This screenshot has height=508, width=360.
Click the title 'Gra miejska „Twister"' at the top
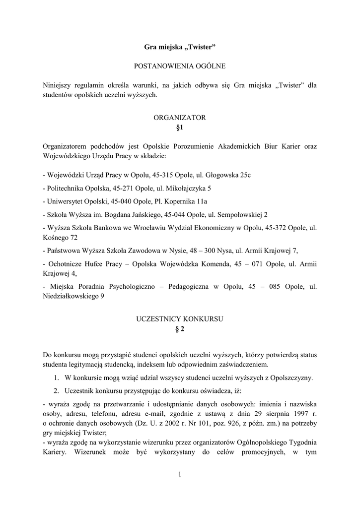180,47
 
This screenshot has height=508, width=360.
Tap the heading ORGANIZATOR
180,118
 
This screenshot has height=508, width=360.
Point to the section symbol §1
180,127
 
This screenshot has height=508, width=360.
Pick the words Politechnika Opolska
78,189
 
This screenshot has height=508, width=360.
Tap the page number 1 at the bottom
180,475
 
